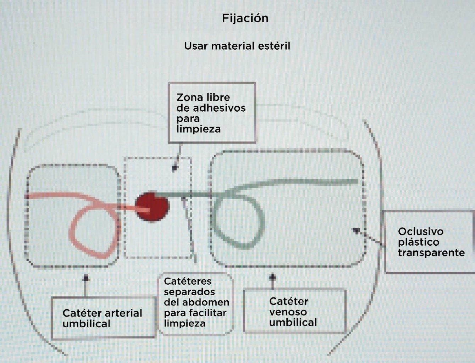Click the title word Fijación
pos(245,18)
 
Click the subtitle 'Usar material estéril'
pos(237,46)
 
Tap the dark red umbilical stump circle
pos(152,207)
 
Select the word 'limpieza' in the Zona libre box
pos(198,129)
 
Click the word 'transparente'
pos(431,253)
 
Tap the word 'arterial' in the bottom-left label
pos(123,313)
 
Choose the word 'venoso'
pos(288,312)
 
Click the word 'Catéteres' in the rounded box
pos(187,281)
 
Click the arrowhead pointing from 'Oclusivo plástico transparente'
pos(356,230)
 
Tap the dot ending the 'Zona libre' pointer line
pos(174,168)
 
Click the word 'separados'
pos(189,292)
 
